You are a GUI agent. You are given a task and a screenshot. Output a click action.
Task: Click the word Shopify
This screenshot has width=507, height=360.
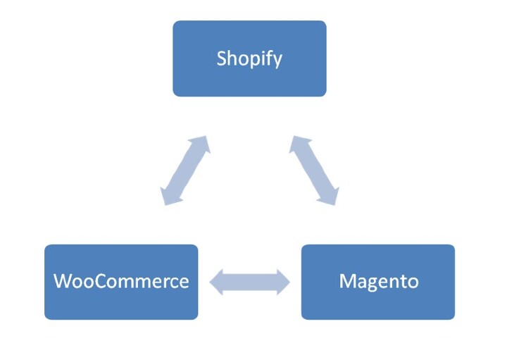pos(249,58)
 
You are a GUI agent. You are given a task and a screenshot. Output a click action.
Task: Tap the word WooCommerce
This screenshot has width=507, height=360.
pos(121,282)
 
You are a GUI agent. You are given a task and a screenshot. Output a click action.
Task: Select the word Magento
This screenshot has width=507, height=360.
pos(378,282)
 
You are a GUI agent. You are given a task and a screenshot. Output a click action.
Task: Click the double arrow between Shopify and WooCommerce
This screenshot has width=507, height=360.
pos(186,170)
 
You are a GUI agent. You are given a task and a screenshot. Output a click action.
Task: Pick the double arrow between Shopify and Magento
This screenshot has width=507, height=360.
pos(314,170)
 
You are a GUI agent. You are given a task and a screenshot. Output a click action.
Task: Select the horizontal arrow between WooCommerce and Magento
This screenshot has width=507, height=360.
pos(250,282)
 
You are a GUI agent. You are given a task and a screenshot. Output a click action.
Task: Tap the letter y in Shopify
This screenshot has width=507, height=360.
pos(277,61)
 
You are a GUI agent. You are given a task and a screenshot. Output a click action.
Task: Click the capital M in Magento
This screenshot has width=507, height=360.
pos(347,282)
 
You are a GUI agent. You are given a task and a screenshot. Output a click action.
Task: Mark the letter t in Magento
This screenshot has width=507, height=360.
pos(401,282)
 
